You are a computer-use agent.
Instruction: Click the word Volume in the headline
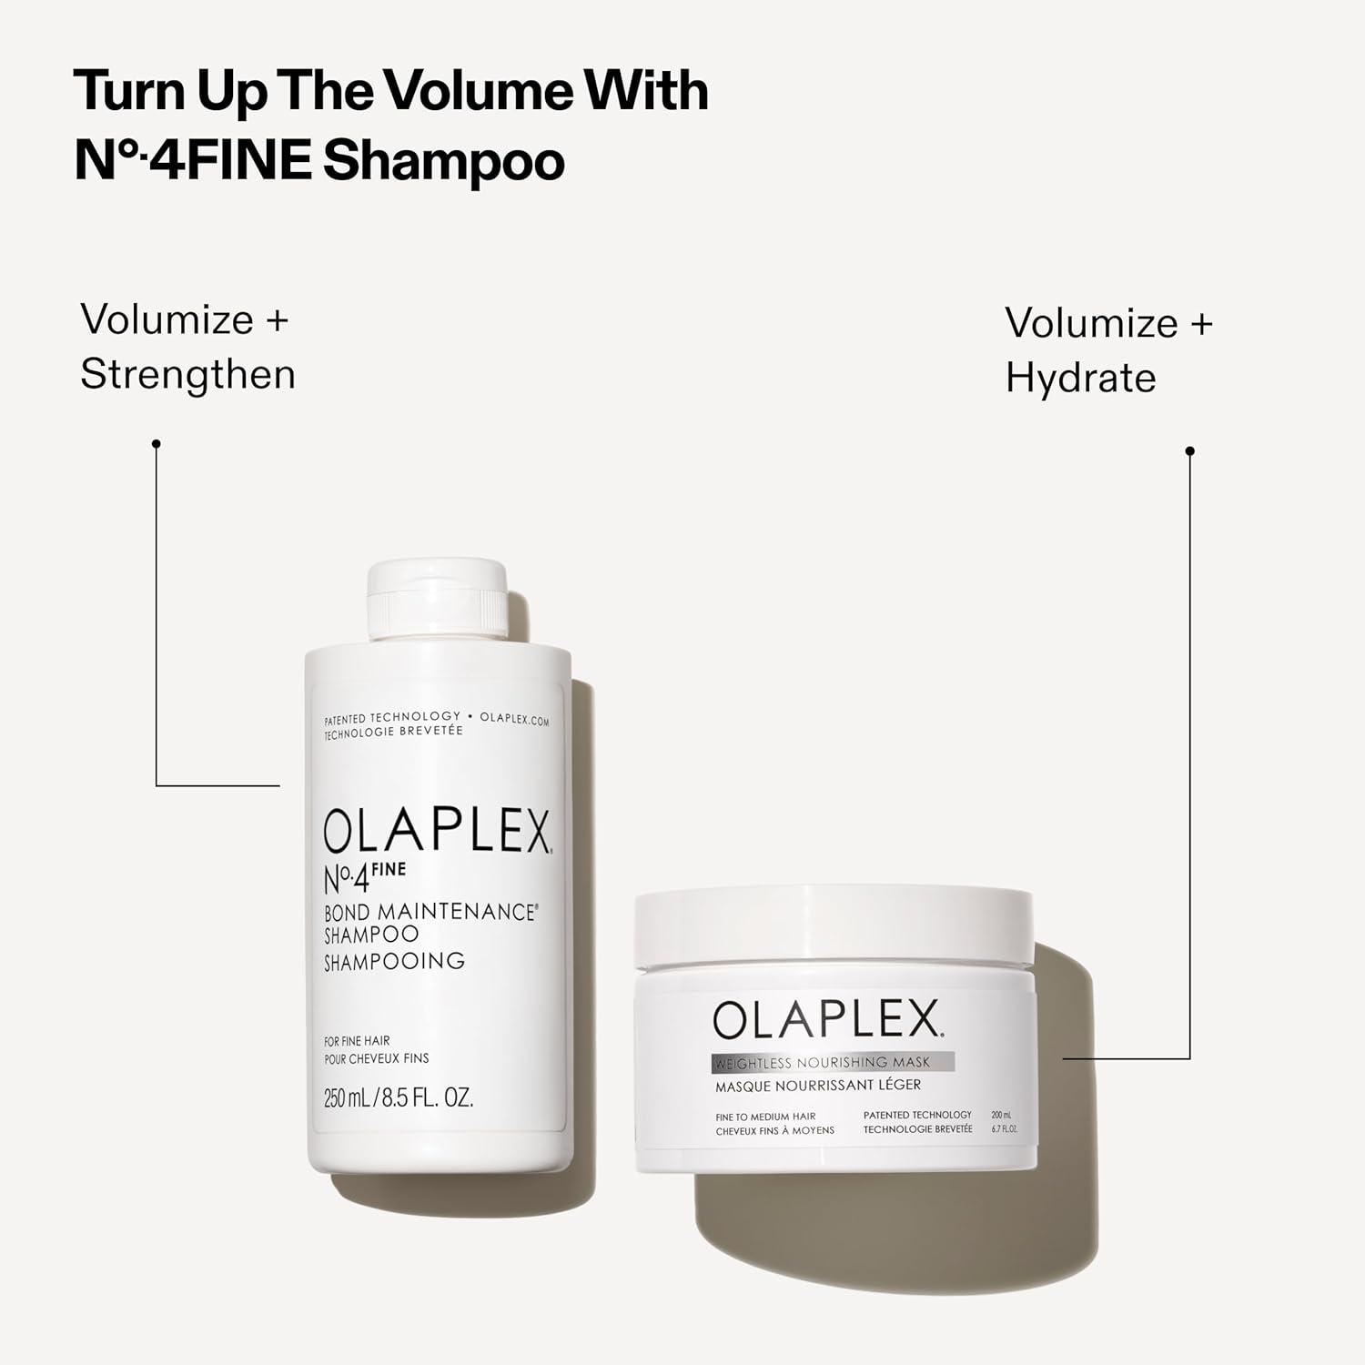tap(482, 91)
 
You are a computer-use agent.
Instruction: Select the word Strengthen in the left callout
tap(187, 375)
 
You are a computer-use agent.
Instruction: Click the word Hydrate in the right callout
tap(1080, 379)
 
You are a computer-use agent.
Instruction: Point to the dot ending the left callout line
tap(157, 444)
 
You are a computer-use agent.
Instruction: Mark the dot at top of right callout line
tap(1189, 451)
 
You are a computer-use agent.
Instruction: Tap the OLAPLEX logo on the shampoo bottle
tap(437, 831)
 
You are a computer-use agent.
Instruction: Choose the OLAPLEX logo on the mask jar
tap(826, 1020)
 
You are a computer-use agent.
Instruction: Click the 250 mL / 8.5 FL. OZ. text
tap(399, 1098)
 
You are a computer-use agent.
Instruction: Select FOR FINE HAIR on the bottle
tap(357, 1041)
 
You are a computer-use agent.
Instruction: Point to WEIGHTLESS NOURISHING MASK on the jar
tap(823, 1063)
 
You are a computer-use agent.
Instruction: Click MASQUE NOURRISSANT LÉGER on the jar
tap(817, 1086)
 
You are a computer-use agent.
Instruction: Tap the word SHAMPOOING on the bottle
tap(394, 962)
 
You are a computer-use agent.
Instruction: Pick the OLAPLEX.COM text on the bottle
tap(514, 719)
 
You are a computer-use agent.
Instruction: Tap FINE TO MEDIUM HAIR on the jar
tap(765, 1117)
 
